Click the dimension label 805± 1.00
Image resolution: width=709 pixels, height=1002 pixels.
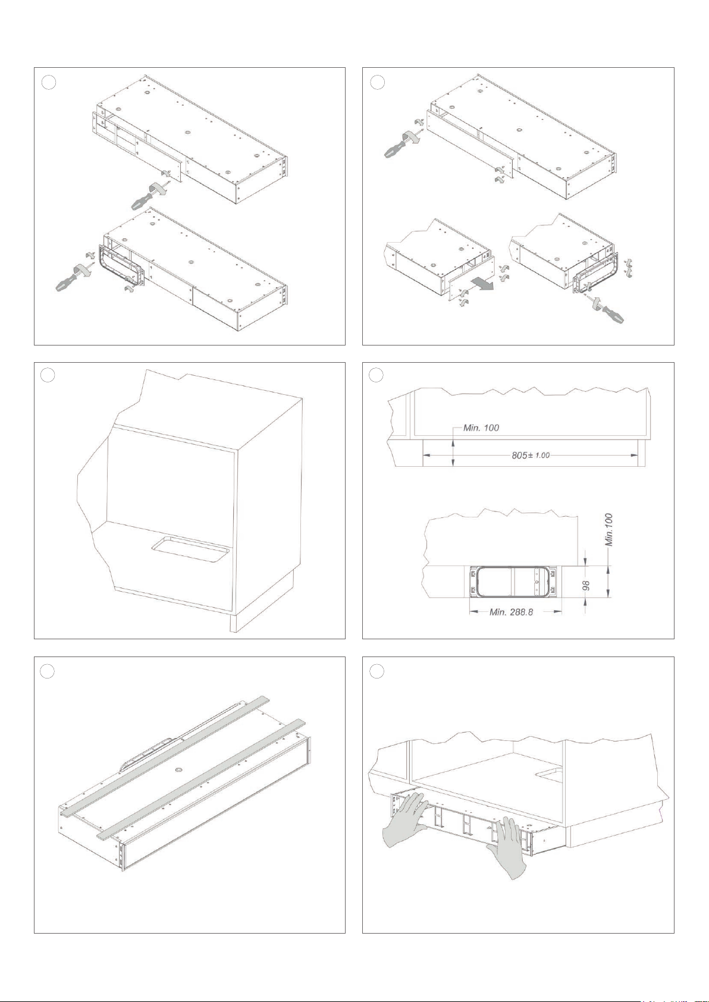click(531, 456)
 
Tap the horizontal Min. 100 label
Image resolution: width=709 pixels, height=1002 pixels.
click(481, 428)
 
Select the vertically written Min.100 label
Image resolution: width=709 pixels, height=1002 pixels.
click(609, 530)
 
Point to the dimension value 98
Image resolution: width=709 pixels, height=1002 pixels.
click(588, 586)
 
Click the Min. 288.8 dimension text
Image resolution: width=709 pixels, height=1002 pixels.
click(512, 612)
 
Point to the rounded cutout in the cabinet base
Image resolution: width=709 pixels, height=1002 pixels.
click(190, 548)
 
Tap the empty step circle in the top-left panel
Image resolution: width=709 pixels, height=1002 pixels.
click(48, 83)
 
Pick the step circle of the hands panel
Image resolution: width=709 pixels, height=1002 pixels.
click(377, 671)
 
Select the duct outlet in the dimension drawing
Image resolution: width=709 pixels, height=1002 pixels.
click(513, 582)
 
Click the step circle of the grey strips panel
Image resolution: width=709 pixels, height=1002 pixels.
click(48, 671)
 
